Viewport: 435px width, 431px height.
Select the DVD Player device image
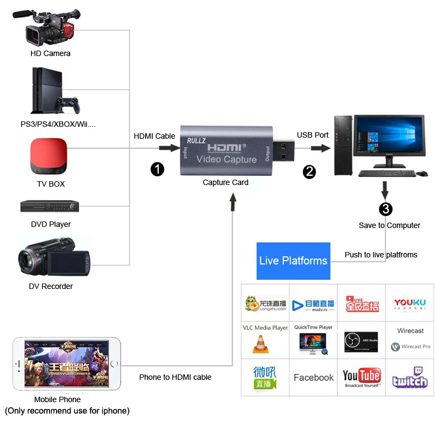click(x=49, y=207)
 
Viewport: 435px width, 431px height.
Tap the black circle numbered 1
click(x=157, y=170)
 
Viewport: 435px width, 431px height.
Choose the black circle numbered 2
click(x=309, y=172)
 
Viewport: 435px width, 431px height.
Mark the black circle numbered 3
click(x=386, y=208)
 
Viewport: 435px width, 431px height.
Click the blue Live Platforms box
click(x=293, y=261)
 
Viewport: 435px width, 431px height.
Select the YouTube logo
click(x=362, y=377)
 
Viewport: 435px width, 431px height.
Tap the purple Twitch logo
click(x=410, y=377)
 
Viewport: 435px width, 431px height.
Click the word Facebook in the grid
click(x=314, y=377)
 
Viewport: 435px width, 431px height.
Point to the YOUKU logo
click(x=410, y=304)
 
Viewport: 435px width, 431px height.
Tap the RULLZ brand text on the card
click(x=196, y=141)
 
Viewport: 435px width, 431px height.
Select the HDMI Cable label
click(x=154, y=136)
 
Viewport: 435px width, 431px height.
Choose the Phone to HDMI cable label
click(x=175, y=377)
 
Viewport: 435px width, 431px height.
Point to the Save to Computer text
click(x=389, y=225)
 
